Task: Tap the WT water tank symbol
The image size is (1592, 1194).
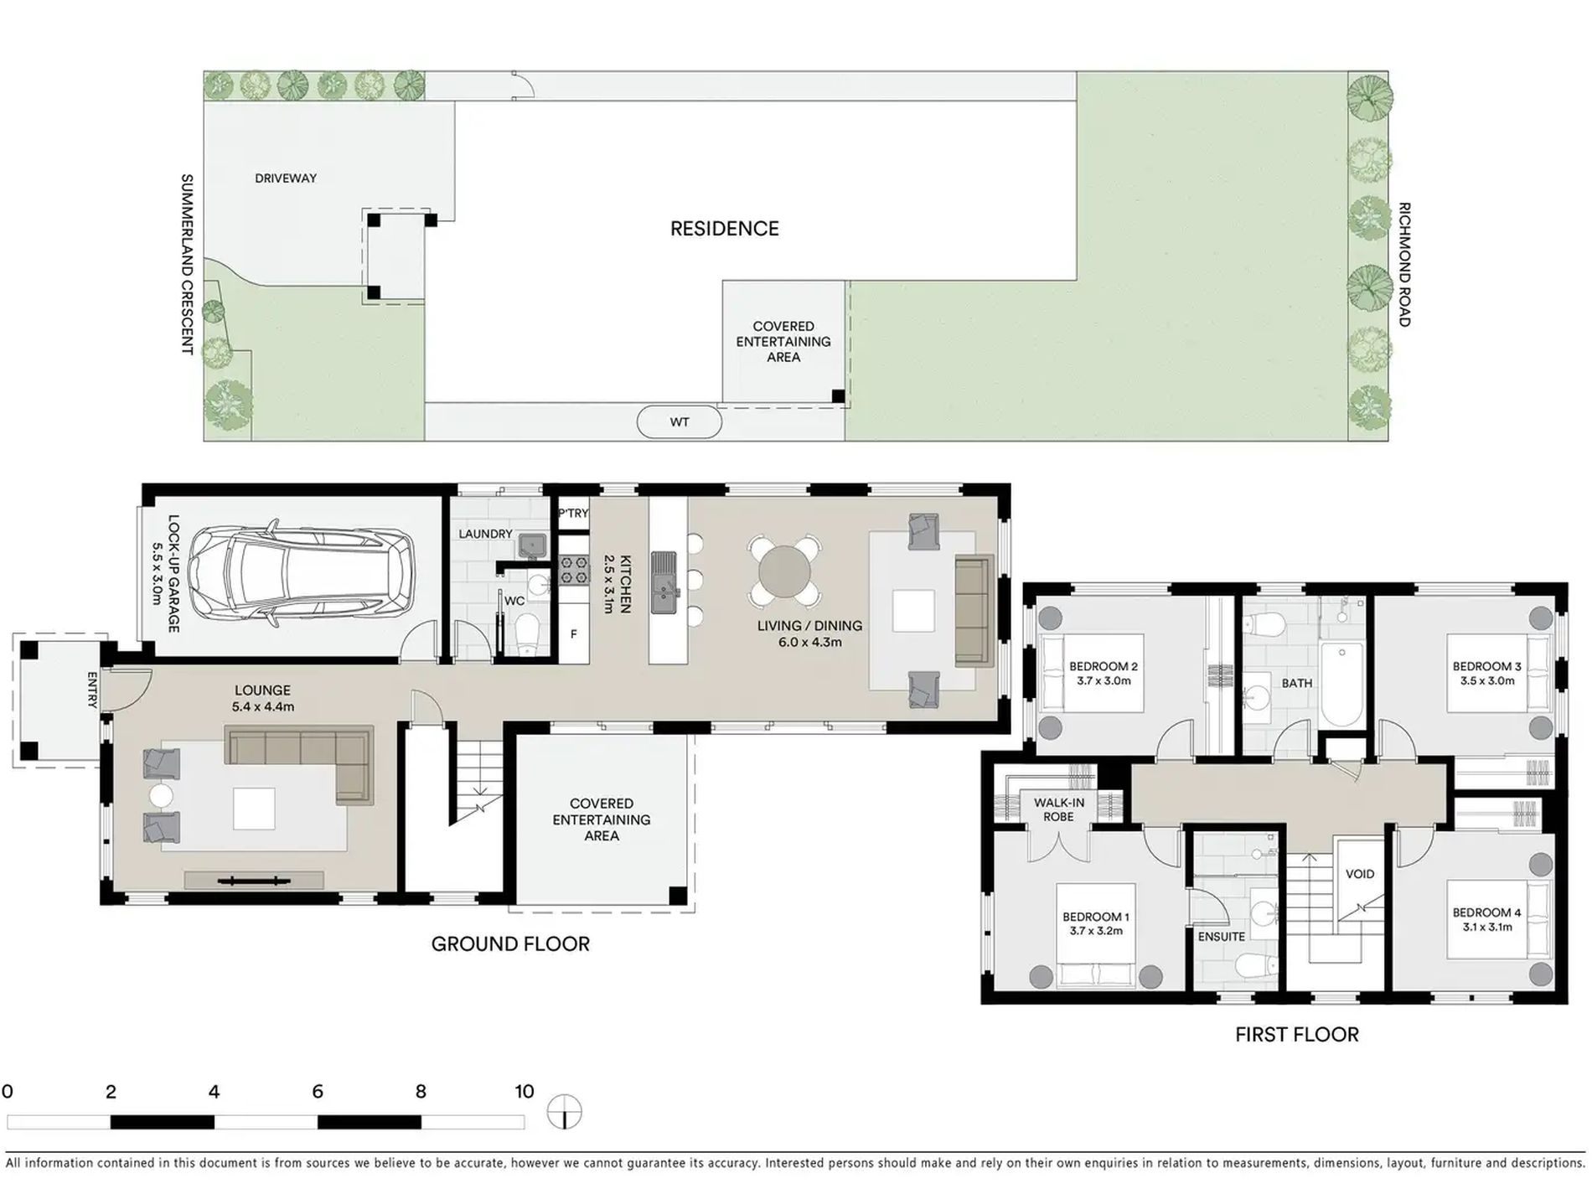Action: [679, 422]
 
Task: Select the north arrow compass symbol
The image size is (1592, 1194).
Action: [565, 1113]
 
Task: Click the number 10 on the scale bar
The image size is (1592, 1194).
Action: [524, 1091]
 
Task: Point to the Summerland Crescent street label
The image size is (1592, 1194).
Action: [187, 264]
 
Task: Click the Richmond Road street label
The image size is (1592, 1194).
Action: [1404, 264]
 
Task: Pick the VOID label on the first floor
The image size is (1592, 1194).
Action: [1359, 874]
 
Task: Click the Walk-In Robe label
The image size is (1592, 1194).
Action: [1059, 809]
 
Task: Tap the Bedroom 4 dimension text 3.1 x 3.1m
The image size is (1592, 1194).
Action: [1487, 927]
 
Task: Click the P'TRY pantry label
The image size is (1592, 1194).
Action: [574, 513]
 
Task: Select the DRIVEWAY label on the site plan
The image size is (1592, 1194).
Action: [286, 178]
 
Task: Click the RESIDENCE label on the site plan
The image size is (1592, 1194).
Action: [724, 229]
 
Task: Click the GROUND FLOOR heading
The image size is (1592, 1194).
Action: [510, 943]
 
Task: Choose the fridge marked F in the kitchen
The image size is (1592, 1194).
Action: [574, 634]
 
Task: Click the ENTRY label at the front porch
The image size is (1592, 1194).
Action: [92, 690]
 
